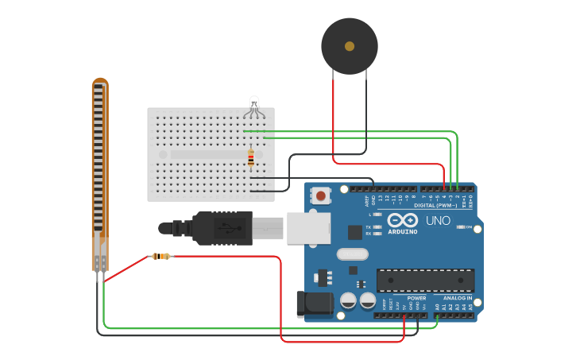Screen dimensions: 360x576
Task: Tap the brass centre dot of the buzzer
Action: click(x=350, y=46)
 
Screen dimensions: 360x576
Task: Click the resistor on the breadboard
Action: click(x=251, y=158)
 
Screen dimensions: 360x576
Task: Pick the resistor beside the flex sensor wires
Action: click(x=161, y=256)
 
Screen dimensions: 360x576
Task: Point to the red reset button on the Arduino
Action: click(x=321, y=195)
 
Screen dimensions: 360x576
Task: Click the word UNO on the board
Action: click(x=439, y=220)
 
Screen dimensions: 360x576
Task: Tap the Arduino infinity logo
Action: click(x=403, y=220)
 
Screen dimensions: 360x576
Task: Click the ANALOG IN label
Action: click(x=458, y=298)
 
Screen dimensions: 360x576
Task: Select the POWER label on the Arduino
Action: click(x=416, y=298)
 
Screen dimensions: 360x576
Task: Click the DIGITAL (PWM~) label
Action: click(x=435, y=205)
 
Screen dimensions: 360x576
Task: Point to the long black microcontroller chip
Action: click(x=425, y=280)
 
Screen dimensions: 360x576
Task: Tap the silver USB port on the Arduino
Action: click(x=308, y=227)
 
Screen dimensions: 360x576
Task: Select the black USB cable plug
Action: click(x=222, y=228)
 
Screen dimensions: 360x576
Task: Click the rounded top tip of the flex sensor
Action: click(x=99, y=81)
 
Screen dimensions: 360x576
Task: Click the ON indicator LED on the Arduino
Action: click(x=461, y=227)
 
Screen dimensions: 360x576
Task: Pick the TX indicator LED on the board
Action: click(x=377, y=227)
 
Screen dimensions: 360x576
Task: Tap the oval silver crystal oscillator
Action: click(x=353, y=254)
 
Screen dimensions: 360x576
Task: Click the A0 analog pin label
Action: click(x=436, y=306)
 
